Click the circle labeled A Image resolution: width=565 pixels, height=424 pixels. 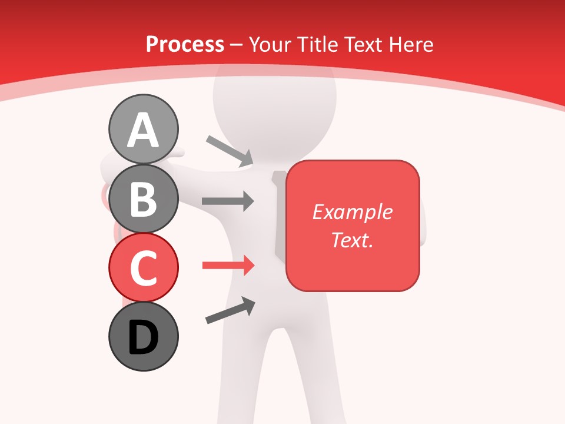pyautogui.click(x=143, y=129)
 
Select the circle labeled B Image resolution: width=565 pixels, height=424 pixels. pyautogui.click(x=143, y=198)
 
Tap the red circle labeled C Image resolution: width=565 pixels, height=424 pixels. pyautogui.click(x=143, y=267)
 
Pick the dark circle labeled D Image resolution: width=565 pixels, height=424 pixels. pyautogui.click(x=143, y=336)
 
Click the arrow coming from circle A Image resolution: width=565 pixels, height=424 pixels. pyautogui.click(x=230, y=151)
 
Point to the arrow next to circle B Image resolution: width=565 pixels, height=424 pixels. pyautogui.click(x=228, y=201)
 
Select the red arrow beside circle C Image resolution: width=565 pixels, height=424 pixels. pyautogui.click(x=228, y=266)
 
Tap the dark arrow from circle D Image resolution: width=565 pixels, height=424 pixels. pyautogui.click(x=230, y=311)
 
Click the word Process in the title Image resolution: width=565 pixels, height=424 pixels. pyautogui.click(x=185, y=44)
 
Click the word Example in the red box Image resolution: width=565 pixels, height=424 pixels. pyautogui.click(x=352, y=212)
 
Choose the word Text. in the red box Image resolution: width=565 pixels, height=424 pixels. pyautogui.click(x=352, y=240)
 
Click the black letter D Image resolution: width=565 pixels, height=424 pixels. pyautogui.click(x=143, y=338)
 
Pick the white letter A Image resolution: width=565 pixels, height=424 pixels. pyautogui.click(x=143, y=130)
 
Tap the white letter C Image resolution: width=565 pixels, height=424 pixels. pyautogui.click(x=143, y=269)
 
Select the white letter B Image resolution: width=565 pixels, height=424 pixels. pyautogui.click(x=143, y=200)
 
